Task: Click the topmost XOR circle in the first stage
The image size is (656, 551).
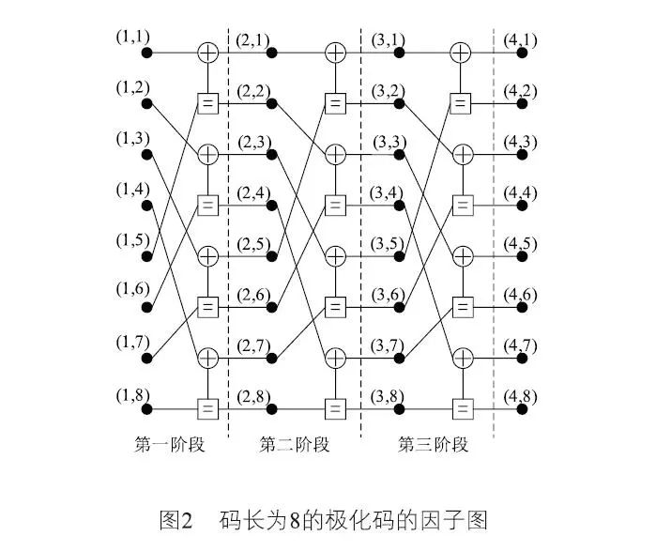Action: click(x=207, y=53)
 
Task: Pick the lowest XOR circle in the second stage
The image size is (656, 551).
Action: click(x=335, y=358)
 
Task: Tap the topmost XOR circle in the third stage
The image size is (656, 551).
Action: click(x=460, y=53)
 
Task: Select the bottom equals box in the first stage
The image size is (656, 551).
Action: click(x=207, y=409)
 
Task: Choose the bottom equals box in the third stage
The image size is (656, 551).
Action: click(x=460, y=409)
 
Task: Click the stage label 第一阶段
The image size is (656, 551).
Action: click(x=169, y=444)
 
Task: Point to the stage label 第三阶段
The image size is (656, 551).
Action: click(x=433, y=444)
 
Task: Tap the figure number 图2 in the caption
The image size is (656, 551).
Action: click(x=176, y=519)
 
